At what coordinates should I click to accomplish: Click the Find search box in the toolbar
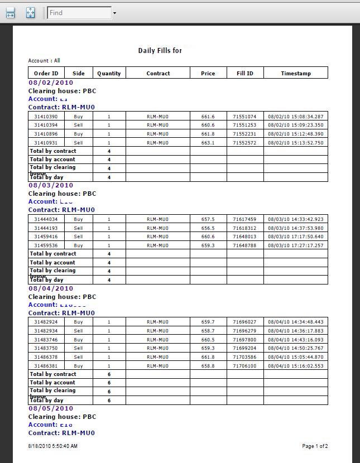(79, 13)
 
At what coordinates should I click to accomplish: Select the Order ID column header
(46, 73)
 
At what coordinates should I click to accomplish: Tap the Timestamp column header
(296, 73)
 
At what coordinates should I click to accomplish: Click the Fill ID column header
(245, 73)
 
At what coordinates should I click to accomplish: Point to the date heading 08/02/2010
(51, 83)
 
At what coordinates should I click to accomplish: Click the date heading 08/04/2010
(51, 288)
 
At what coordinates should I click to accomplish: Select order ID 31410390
(46, 117)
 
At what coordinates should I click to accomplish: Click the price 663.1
(208, 143)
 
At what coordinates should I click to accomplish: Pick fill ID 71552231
(244, 134)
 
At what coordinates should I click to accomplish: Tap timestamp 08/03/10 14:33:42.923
(295, 219)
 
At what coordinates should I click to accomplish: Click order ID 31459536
(46, 245)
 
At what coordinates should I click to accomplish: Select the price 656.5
(208, 228)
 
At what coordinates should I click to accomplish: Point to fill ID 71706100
(244, 366)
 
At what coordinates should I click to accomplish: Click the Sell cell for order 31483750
(78, 348)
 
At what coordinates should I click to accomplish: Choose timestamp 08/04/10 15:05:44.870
(295, 357)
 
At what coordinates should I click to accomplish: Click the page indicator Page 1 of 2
(315, 446)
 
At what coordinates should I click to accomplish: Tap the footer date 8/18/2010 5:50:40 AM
(53, 446)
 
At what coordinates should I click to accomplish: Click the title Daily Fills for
(160, 51)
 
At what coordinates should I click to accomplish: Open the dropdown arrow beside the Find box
(114, 13)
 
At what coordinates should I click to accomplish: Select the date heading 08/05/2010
(51, 408)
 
